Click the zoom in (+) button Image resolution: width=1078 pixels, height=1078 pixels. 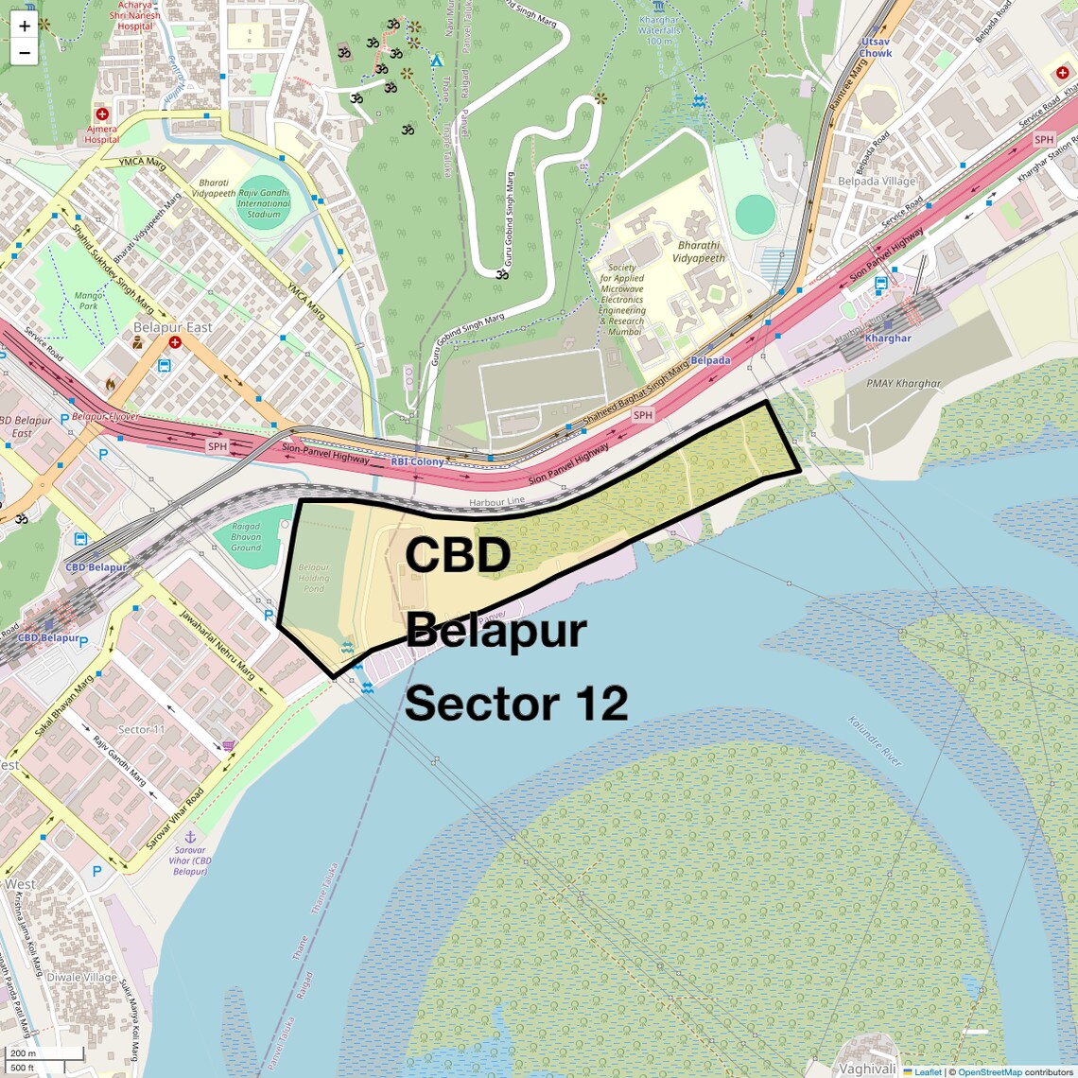[x=25, y=26]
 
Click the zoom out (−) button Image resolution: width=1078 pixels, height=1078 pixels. [x=25, y=53]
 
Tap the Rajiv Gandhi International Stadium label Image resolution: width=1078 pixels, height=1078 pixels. [x=264, y=198]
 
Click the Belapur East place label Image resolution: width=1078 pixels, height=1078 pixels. [x=173, y=327]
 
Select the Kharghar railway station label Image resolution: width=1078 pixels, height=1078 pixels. [x=888, y=338]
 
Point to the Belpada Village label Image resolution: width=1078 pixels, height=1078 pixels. [x=877, y=181]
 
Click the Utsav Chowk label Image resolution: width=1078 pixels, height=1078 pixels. [x=876, y=47]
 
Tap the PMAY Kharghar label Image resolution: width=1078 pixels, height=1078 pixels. [x=904, y=384]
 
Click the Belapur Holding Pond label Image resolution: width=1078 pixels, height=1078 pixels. [x=314, y=578]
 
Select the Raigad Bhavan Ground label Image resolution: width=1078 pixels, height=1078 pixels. [x=246, y=537]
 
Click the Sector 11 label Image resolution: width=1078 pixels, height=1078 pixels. [x=142, y=729]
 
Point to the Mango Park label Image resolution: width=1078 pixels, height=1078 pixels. [x=88, y=301]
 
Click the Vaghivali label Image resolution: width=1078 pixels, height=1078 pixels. [x=867, y=1069]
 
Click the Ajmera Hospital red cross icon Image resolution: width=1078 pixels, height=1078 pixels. [x=102, y=114]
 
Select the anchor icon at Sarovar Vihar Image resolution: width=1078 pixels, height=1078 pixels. [x=189, y=837]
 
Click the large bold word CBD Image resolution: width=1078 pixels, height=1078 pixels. [x=458, y=555]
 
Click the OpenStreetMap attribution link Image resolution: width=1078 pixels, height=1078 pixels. [x=989, y=1071]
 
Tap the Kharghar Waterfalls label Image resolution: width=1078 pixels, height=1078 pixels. [x=659, y=30]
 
